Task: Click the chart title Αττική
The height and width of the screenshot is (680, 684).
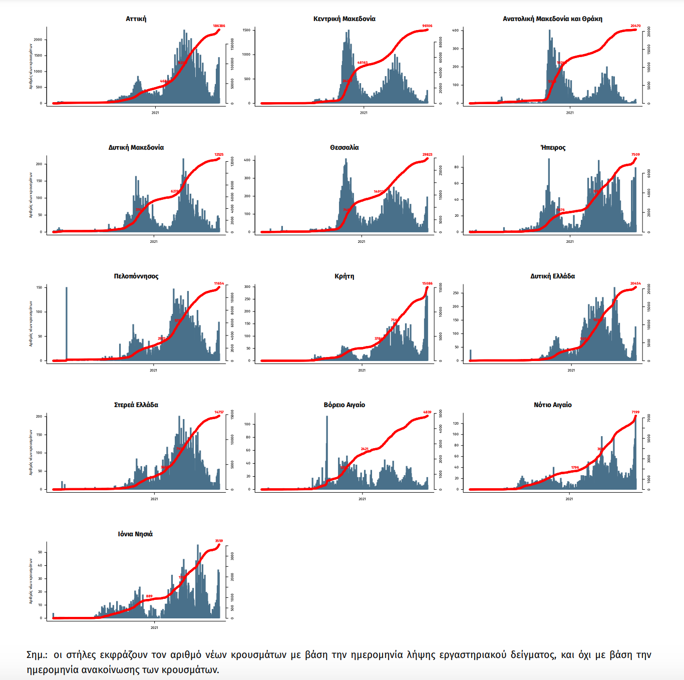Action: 136,19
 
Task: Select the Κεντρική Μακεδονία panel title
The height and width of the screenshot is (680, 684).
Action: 344,19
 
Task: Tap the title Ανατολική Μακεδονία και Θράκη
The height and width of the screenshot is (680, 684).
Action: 552,19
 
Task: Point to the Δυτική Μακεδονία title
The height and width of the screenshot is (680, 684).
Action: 136,148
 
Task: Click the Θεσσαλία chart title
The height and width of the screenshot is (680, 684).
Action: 344,148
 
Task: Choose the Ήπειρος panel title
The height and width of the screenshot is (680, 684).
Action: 553,148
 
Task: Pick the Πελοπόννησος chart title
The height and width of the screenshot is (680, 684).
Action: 136,276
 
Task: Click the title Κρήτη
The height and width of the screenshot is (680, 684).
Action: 344,276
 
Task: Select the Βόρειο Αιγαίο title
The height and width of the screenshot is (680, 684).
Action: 344,405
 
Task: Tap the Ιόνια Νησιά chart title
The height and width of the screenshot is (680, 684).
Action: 135,534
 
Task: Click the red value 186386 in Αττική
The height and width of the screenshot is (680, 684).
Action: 219,26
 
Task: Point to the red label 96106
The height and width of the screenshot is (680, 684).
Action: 427,26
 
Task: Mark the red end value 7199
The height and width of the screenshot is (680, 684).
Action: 635,412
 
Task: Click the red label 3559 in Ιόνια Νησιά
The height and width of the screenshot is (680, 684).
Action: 219,541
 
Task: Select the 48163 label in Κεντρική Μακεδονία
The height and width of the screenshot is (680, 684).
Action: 363,63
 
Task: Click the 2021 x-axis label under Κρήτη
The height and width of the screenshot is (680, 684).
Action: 362,371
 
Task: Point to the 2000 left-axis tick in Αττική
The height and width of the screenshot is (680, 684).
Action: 38,40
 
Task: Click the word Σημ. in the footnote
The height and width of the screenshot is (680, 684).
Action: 37,655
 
